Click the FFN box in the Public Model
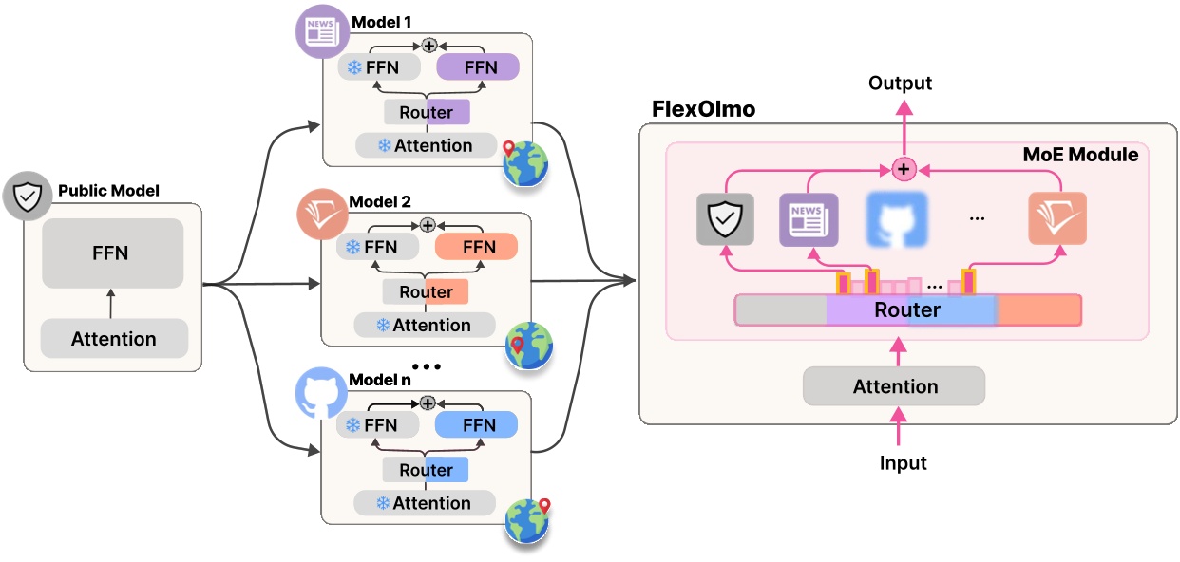point(112,253)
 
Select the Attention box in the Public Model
point(114,339)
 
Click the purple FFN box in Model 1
point(478,67)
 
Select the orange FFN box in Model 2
point(476,247)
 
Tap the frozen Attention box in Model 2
point(425,325)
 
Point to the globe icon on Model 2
point(528,345)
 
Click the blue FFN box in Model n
point(476,424)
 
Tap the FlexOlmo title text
point(703,109)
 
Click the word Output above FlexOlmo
point(900,84)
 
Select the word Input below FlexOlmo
point(902,463)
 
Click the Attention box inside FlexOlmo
point(894,386)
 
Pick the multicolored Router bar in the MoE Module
point(907,310)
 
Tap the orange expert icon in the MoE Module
point(1057,219)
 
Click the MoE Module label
point(1080,154)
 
